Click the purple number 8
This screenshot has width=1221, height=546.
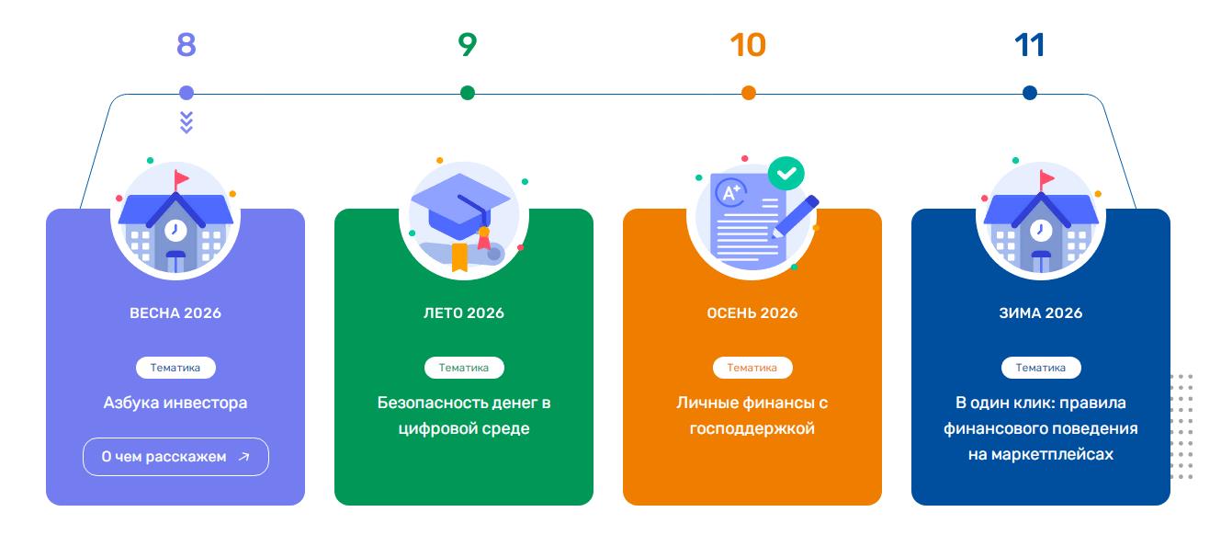186,45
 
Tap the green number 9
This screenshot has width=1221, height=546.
467,45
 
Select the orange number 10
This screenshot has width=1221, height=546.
748,45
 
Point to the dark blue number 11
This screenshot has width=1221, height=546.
1029,45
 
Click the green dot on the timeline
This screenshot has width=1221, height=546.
467,93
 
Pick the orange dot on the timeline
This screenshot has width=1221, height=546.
749,93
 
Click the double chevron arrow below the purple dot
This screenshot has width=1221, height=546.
187,122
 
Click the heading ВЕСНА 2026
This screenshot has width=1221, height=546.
175,313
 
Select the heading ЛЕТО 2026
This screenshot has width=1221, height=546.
464,313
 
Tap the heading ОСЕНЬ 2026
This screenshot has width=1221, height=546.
752,313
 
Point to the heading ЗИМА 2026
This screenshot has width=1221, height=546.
1041,313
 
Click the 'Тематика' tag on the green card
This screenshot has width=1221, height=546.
464,368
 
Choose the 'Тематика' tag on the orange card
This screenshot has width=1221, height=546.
752,368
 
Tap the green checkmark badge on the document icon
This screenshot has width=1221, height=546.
786,174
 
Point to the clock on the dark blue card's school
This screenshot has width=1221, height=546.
1041,230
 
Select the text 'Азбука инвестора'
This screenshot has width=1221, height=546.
175,403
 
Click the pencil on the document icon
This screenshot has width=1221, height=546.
796,217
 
